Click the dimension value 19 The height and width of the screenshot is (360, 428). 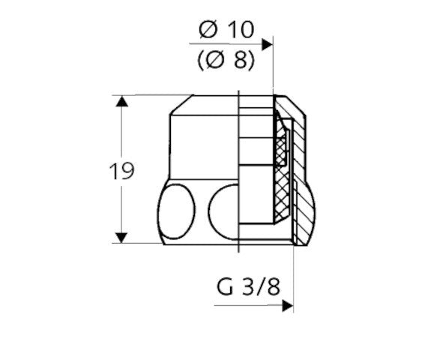tap(121, 171)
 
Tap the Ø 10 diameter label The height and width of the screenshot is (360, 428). tap(226, 29)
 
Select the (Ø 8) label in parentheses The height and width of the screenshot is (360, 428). tap(226, 60)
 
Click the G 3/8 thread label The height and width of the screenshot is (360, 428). tap(248, 286)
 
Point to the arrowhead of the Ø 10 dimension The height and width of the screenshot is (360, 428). tap(268, 44)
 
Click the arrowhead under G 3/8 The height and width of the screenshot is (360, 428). tap(288, 306)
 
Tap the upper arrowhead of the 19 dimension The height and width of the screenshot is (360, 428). tap(121, 101)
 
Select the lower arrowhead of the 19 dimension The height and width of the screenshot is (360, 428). tap(121, 238)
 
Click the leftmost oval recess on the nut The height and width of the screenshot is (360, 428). tap(177, 211)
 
